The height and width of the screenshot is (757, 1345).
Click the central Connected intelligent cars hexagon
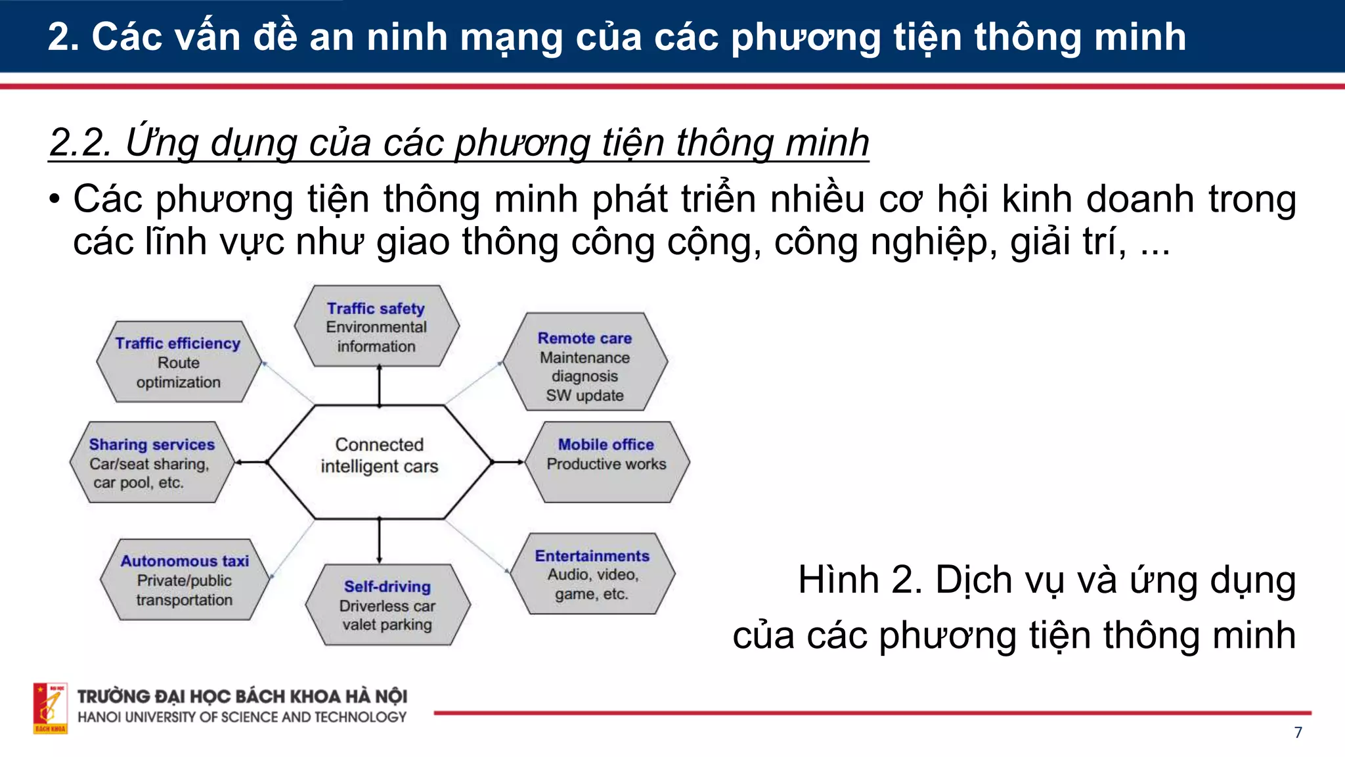379,462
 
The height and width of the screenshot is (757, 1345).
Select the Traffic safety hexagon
376,327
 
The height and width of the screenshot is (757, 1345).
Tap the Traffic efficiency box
178,362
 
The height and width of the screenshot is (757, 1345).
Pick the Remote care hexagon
584,362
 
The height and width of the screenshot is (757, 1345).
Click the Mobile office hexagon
606,462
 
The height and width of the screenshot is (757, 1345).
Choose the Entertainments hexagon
592,574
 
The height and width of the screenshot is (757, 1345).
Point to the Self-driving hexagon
387,605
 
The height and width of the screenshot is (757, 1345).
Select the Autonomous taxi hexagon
185,580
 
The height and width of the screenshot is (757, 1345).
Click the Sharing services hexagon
152,463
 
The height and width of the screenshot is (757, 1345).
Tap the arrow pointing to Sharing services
251,463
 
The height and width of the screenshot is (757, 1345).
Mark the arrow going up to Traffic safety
379,385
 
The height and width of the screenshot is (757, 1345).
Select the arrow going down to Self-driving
379,541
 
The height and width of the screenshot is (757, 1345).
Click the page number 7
1298,733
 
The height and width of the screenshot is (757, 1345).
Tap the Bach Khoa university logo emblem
50,708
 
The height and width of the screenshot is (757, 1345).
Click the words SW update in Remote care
584,396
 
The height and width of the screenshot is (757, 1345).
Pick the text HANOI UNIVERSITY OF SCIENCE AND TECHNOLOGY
242,718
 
